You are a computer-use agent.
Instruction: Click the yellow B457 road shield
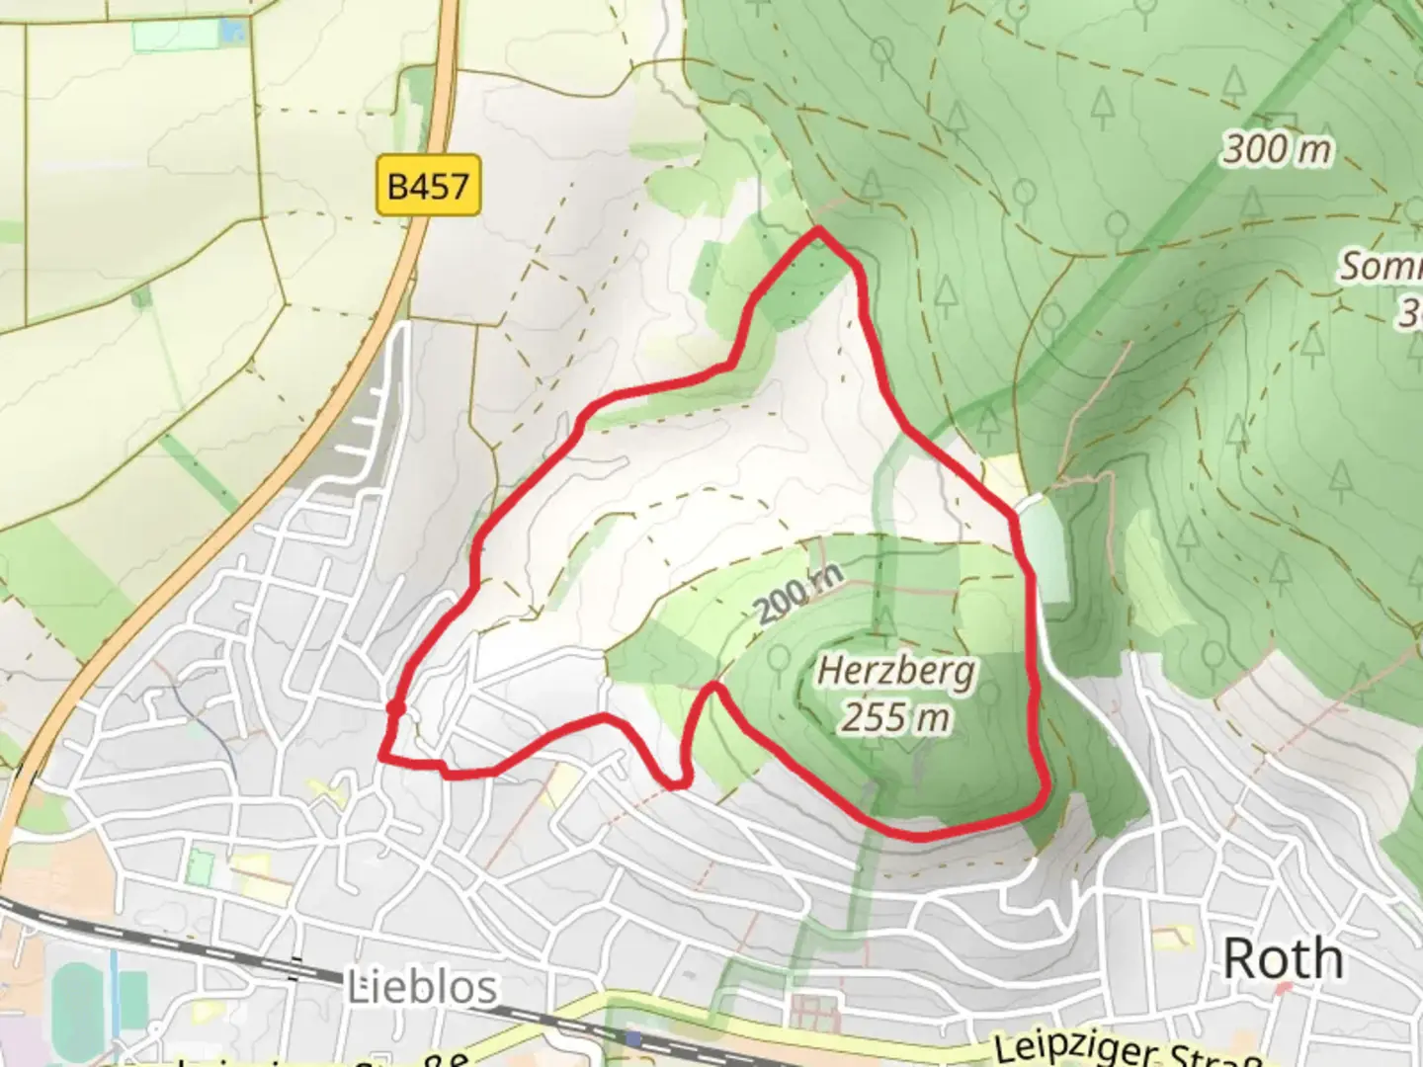click(428, 185)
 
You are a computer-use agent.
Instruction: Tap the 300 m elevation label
click(1277, 150)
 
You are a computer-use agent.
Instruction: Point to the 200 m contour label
click(801, 595)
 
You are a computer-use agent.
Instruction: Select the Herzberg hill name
click(896, 673)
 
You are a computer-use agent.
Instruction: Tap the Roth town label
click(1283, 958)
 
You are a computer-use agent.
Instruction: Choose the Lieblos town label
click(422, 987)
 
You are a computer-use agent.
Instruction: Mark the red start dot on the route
click(395, 708)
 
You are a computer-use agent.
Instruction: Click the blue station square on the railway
click(632, 1039)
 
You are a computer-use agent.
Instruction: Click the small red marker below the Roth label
click(1283, 989)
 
